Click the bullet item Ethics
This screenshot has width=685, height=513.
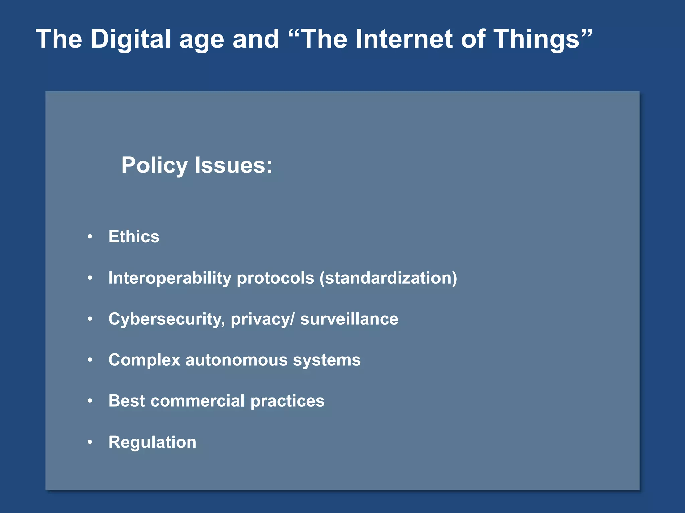click(x=134, y=237)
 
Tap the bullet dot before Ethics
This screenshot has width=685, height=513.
click(x=90, y=237)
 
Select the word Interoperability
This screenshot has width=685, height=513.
click(x=170, y=278)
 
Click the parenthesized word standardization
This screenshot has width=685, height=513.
click(x=388, y=278)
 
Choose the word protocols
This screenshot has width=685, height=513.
click(x=275, y=278)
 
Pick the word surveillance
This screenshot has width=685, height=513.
click(x=349, y=319)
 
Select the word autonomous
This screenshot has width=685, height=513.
click(x=236, y=360)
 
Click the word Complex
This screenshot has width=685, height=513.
click(x=144, y=360)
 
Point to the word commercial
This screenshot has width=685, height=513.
click(x=197, y=401)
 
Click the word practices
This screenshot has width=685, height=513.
click(x=287, y=401)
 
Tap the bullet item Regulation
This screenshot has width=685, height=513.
click(x=152, y=442)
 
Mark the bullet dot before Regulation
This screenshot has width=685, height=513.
click(x=90, y=442)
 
